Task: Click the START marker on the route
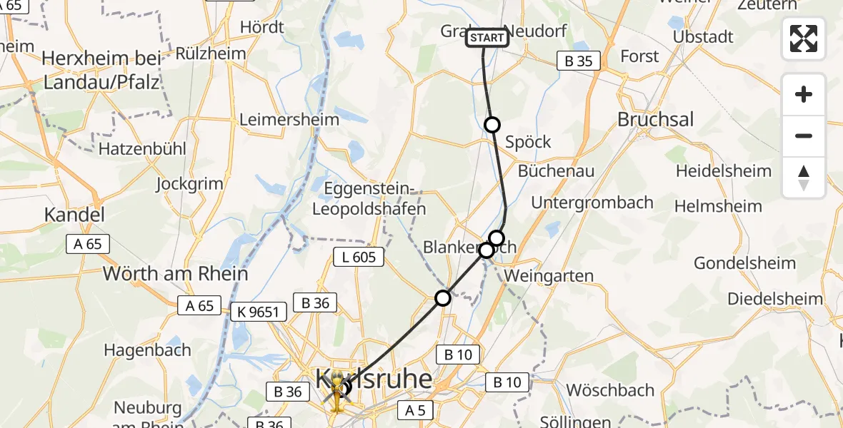[x=487, y=37]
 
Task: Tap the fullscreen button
[x=804, y=39]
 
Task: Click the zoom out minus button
[x=804, y=136]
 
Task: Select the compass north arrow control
[x=804, y=178]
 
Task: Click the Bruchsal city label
[x=655, y=119]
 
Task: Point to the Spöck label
[x=528, y=141]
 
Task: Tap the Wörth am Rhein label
[x=176, y=273]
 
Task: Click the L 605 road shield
[x=359, y=257]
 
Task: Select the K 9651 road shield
[x=259, y=311]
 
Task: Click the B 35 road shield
[x=578, y=61]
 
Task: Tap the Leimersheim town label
[x=289, y=119]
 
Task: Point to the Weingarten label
[x=549, y=275]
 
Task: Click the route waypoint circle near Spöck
[x=492, y=125]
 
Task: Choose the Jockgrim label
[x=190, y=183]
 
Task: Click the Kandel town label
[x=74, y=214]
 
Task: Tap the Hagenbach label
[x=147, y=350]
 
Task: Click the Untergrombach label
[x=592, y=203]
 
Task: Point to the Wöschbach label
[x=610, y=390]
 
